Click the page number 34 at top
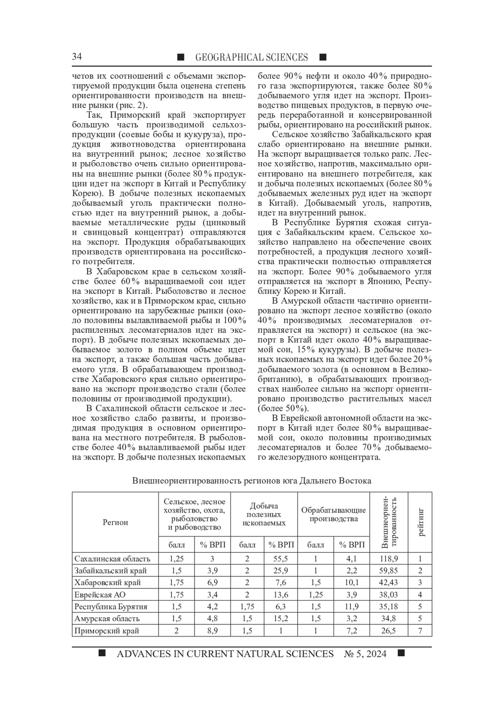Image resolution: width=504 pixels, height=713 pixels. click(x=77, y=57)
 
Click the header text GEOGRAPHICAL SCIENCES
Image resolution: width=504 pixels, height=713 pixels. click(x=252, y=57)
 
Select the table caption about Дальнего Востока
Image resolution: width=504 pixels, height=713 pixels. click(x=252, y=481)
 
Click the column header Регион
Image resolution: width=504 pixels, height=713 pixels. click(x=115, y=522)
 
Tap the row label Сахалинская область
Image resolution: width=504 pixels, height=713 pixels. click(x=112, y=559)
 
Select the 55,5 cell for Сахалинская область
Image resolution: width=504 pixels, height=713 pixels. click(x=280, y=559)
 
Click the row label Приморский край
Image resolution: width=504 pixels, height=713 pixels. click(x=107, y=631)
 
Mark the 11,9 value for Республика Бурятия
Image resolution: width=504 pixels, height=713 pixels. click(x=352, y=607)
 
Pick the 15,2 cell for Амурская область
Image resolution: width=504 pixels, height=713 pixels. click(x=280, y=618)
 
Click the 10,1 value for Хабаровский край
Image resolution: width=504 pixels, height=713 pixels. click(x=352, y=583)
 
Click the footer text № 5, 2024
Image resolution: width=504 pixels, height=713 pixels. click(x=365, y=654)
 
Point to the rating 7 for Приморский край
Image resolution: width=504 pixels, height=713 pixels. click(x=420, y=631)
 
